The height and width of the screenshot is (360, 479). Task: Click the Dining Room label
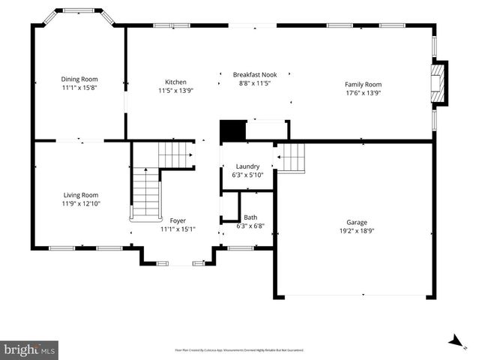click(x=79, y=79)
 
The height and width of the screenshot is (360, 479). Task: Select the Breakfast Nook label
click(x=254, y=75)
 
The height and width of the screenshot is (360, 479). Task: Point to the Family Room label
click(x=363, y=84)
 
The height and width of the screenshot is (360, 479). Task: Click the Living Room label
click(x=80, y=194)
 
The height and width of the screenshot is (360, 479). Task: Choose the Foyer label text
click(x=178, y=220)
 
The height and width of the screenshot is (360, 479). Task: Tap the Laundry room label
click(x=247, y=166)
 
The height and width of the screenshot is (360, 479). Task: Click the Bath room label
click(x=250, y=217)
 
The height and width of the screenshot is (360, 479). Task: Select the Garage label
click(x=357, y=222)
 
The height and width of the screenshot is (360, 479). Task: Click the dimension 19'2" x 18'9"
click(x=357, y=232)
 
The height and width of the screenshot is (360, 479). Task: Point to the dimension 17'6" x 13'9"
click(x=363, y=94)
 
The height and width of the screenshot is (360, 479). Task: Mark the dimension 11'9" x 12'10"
click(x=80, y=204)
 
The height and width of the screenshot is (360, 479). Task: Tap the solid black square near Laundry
click(x=232, y=131)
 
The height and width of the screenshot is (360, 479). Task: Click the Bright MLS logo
click(x=30, y=349)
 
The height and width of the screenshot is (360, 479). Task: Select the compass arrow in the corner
click(x=454, y=341)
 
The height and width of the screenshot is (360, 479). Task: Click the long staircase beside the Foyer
click(x=145, y=193)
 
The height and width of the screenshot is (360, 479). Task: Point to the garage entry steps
click(x=292, y=157)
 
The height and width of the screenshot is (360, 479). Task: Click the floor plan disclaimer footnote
click(x=240, y=349)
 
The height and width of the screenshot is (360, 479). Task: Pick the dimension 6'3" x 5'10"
click(x=247, y=175)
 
